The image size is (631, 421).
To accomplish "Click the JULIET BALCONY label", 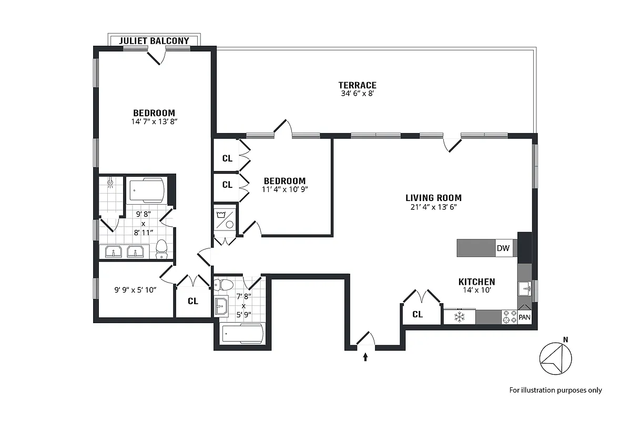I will coord(154,41).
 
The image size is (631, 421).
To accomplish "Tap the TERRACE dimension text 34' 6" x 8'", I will coord(357,94).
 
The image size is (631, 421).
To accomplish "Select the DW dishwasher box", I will coord(503,248).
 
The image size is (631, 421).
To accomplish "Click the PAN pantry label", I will coord(524,317).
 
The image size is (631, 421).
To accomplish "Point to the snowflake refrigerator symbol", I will coord(459,317).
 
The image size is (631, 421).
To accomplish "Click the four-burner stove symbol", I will coord(509,317).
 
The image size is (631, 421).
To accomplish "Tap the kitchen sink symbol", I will coord(524,289).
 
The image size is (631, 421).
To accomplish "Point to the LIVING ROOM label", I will coord(433,198).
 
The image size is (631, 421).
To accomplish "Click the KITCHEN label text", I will coord(476,282).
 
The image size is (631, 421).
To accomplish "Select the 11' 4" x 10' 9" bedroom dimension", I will coord(284,189).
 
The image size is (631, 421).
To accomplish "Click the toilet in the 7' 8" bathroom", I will coord(226,285).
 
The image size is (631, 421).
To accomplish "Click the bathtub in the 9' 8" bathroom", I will coord(146,191).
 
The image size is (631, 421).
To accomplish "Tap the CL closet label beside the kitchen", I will coord(418,315).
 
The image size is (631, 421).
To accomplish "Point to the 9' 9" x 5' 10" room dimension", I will coord(136,289).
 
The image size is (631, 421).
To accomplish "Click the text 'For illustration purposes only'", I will coord(555,390).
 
